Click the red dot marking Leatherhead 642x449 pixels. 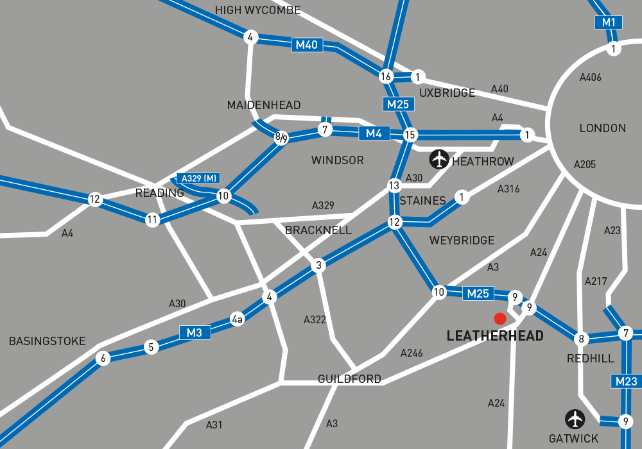point(499,318)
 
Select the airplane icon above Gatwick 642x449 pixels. point(575,419)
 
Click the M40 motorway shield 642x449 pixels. point(307,45)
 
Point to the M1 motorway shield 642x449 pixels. point(609,22)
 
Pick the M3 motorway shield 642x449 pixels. point(195,332)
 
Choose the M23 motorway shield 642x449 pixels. point(626,382)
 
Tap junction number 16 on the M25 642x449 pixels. point(386,76)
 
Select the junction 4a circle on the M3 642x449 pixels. point(238,319)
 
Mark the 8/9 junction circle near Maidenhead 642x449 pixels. point(281,137)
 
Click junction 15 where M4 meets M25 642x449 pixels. point(410,135)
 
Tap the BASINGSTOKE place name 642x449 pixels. point(47,341)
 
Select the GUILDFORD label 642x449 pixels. point(349,379)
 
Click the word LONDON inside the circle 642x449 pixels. point(602,128)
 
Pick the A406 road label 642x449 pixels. point(590,78)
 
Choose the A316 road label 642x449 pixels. point(508,189)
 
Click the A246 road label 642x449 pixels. point(412,353)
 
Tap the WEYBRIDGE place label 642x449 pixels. point(462,241)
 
